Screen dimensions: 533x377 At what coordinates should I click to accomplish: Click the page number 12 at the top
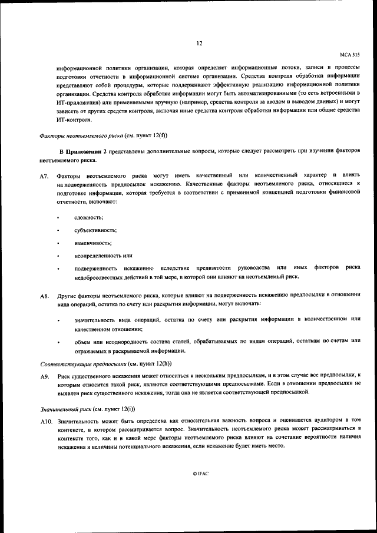click(x=199, y=42)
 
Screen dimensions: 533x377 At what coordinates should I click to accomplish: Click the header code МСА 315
click(x=349, y=53)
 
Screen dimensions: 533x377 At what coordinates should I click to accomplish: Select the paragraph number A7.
click(x=44, y=177)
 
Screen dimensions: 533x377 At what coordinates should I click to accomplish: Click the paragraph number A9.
click(x=44, y=376)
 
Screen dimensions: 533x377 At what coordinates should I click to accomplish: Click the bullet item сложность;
click(x=88, y=218)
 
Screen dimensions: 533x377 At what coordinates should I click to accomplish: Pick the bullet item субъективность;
click(x=95, y=230)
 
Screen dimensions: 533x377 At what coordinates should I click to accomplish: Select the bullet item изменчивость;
click(x=93, y=243)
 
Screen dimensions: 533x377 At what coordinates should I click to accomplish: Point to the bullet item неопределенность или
click(x=102, y=255)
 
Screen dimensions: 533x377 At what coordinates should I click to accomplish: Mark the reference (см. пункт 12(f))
click(x=132, y=135)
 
